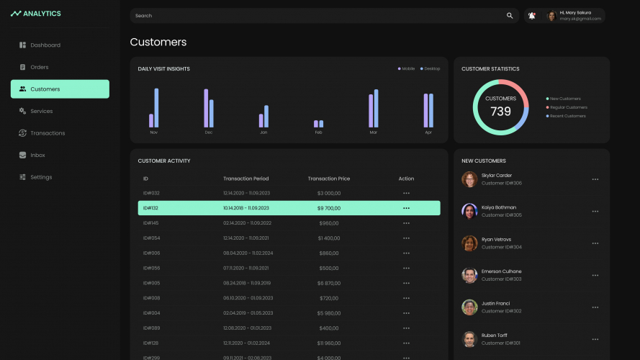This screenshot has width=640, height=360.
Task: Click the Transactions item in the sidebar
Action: (48, 133)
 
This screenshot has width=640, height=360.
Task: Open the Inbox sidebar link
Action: (40, 155)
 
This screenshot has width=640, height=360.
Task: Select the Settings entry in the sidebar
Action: (41, 177)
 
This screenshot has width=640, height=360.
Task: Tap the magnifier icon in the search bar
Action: (510, 16)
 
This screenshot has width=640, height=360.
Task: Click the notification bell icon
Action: (531, 16)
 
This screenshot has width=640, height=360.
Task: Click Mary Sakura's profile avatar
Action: (552, 16)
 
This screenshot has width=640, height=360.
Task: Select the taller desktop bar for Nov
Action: (156, 108)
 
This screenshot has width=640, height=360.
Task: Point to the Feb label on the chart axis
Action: (318, 133)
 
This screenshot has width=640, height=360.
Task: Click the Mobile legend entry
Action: (407, 68)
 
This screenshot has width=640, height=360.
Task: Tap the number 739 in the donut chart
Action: (500, 112)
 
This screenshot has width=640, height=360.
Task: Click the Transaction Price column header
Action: (328, 179)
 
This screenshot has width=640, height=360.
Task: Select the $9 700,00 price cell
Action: (328, 208)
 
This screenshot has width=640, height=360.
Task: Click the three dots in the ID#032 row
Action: (406, 193)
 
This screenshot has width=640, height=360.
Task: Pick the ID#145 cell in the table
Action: (151, 223)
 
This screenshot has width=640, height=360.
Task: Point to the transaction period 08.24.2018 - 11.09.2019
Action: (247, 283)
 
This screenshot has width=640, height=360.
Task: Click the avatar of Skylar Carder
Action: (469, 179)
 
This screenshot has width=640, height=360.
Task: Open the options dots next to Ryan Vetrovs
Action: (595, 243)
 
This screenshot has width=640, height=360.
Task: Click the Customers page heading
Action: (158, 42)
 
